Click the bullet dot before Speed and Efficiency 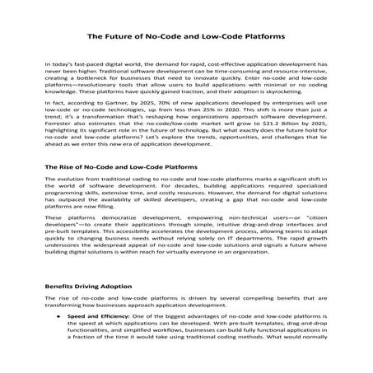58,315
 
